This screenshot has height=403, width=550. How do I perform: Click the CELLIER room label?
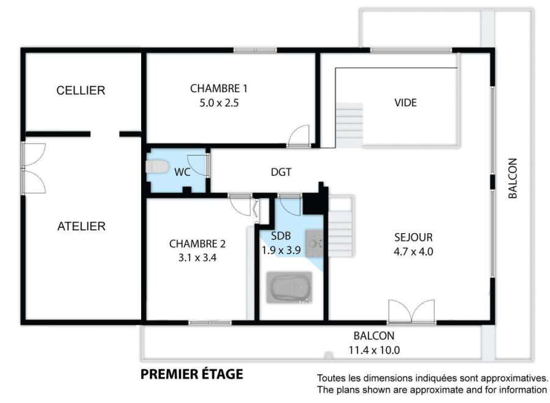pyautogui.click(x=81, y=90)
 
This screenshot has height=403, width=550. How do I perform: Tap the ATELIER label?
pyautogui.click(x=81, y=227)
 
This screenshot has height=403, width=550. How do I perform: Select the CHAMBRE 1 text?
pyautogui.click(x=219, y=89)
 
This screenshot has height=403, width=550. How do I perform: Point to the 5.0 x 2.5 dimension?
pyautogui.click(x=219, y=103)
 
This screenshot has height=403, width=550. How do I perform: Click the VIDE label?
pyautogui.click(x=406, y=103)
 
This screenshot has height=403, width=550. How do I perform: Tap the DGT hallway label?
pyautogui.click(x=281, y=172)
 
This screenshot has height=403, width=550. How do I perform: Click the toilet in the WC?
pyautogui.click(x=157, y=167)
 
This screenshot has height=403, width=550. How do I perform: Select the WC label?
pyautogui.click(x=182, y=172)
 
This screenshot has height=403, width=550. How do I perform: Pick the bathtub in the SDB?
pyautogui.click(x=289, y=288)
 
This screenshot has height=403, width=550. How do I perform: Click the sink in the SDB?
pyautogui.click(x=314, y=243)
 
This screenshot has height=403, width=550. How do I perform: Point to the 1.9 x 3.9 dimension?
pyautogui.click(x=281, y=250)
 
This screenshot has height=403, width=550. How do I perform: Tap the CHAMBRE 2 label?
pyautogui.click(x=197, y=244)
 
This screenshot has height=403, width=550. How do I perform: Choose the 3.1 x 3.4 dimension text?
pyautogui.click(x=197, y=258)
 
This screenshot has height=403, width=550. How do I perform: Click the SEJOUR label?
pyautogui.click(x=413, y=238)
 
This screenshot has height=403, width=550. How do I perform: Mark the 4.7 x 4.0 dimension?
pyautogui.click(x=413, y=252)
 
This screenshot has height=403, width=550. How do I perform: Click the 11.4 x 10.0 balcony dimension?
pyautogui.click(x=374, y=350)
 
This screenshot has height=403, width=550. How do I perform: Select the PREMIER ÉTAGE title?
pyautogui.click(x=192, y=374)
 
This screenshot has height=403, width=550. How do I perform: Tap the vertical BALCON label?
pyautogui.click(x=513, y=178)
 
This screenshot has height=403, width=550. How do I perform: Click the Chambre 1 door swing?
pyautogui.click(x=299, y=136)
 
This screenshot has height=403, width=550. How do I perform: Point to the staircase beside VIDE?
pyautogui.click(x=350, y=125)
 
